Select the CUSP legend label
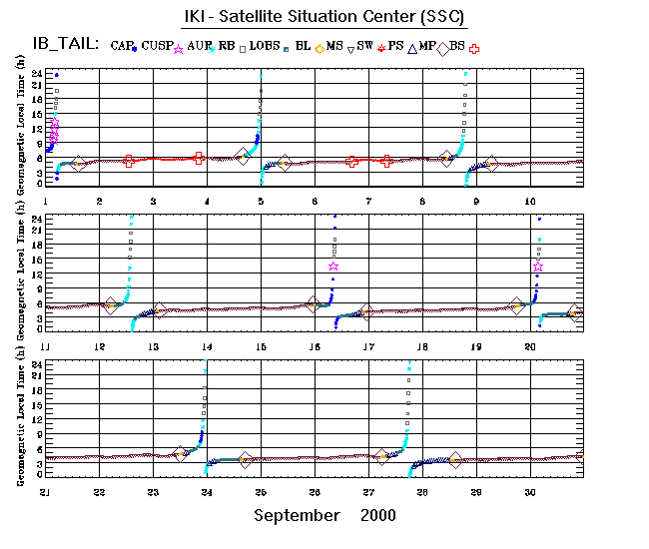point(158,46)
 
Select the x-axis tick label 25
point(261,492)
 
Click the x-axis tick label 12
point(99,346)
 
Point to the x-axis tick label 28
point(422,492)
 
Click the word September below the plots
point(296,516)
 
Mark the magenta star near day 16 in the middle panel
point(333,267)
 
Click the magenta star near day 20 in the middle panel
point(538,267)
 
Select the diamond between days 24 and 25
point(246,460)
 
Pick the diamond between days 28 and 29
point(455,459)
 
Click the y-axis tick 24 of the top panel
point(36,75)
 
